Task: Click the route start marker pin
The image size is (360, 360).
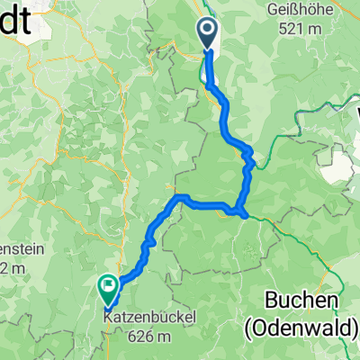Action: click(207, 34)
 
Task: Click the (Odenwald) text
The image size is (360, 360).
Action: click(301, 330)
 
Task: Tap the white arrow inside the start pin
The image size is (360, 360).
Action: click(207, 32)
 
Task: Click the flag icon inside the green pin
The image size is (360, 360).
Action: click(108, 287)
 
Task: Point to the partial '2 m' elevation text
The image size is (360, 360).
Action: click(10, 267)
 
